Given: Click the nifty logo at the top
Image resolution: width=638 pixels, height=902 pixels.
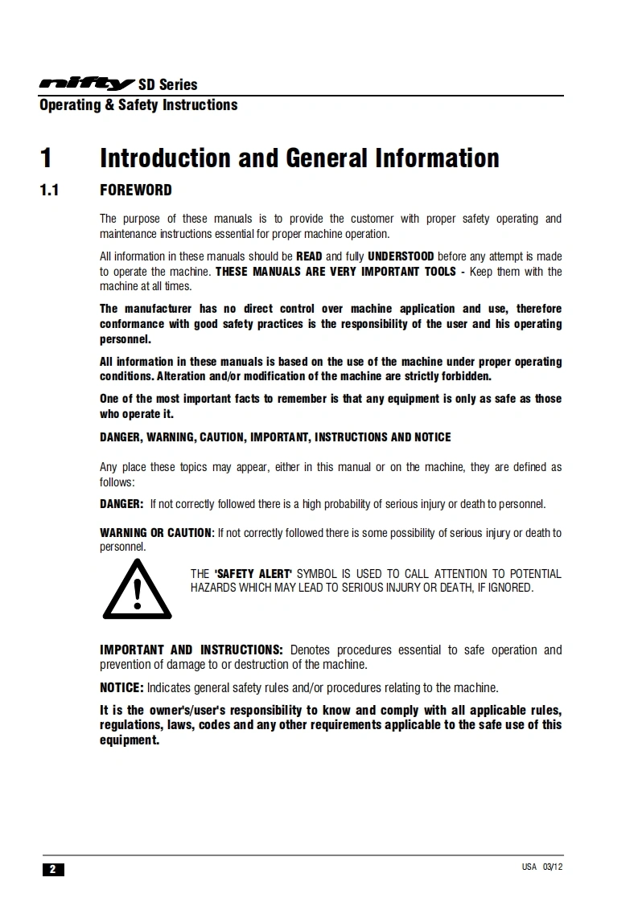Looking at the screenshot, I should coord(87,84).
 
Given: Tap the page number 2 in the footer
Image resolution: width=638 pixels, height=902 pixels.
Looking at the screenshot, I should coord(52,869).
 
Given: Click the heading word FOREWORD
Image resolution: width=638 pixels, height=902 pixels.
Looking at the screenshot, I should coord(135,191).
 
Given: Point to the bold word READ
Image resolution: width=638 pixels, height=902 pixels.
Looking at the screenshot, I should coord(309,256).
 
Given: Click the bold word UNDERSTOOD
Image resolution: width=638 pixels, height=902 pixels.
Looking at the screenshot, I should coord(401,256).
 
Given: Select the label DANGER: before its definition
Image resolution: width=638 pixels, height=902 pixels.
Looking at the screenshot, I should coord(121,504).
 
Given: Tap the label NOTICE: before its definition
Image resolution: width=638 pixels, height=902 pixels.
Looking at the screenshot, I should coord(121,688).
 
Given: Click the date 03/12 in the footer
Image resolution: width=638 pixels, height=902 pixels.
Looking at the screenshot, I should coord(553,867).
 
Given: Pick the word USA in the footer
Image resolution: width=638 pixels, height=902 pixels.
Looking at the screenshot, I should coord(529,867).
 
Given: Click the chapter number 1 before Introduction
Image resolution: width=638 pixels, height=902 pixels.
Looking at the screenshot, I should coord(47,158).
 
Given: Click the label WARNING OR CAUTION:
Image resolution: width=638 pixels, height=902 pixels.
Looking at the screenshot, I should coord(157,533).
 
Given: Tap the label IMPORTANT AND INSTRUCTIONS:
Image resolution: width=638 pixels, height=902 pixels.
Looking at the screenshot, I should coord(191,650).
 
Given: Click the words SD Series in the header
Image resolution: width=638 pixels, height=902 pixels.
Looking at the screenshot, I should coord(167,84).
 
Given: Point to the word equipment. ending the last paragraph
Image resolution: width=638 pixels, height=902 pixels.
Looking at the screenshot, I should coord(130,740).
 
